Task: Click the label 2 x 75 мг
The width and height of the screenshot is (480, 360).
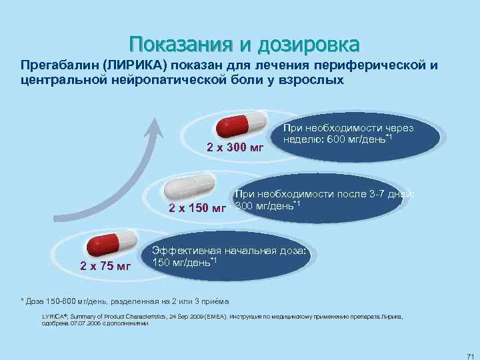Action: [105, 267]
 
